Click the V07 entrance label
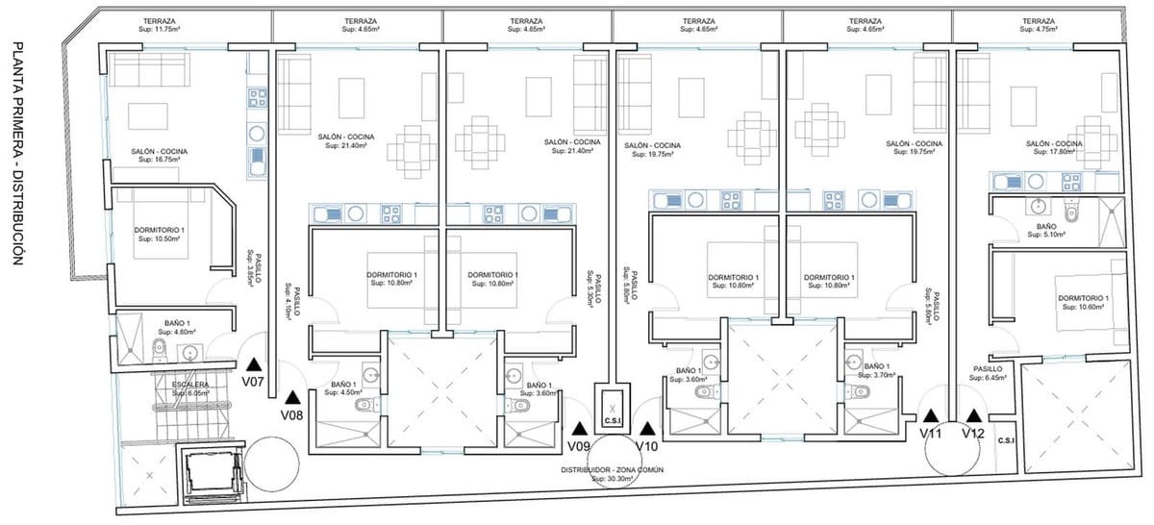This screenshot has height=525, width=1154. click(253, 382)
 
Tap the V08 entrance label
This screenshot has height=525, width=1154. click(292, 415)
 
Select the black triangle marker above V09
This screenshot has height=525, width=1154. click(579, 429)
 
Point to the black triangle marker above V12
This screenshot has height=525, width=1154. click(974, 415)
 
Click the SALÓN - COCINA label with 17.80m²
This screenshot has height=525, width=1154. click(1055, 148)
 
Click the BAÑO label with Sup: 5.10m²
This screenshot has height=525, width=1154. click(1047, 229)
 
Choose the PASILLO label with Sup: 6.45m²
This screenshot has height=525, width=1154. click(988, 372)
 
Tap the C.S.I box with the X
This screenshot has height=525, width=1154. click(612, 412)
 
